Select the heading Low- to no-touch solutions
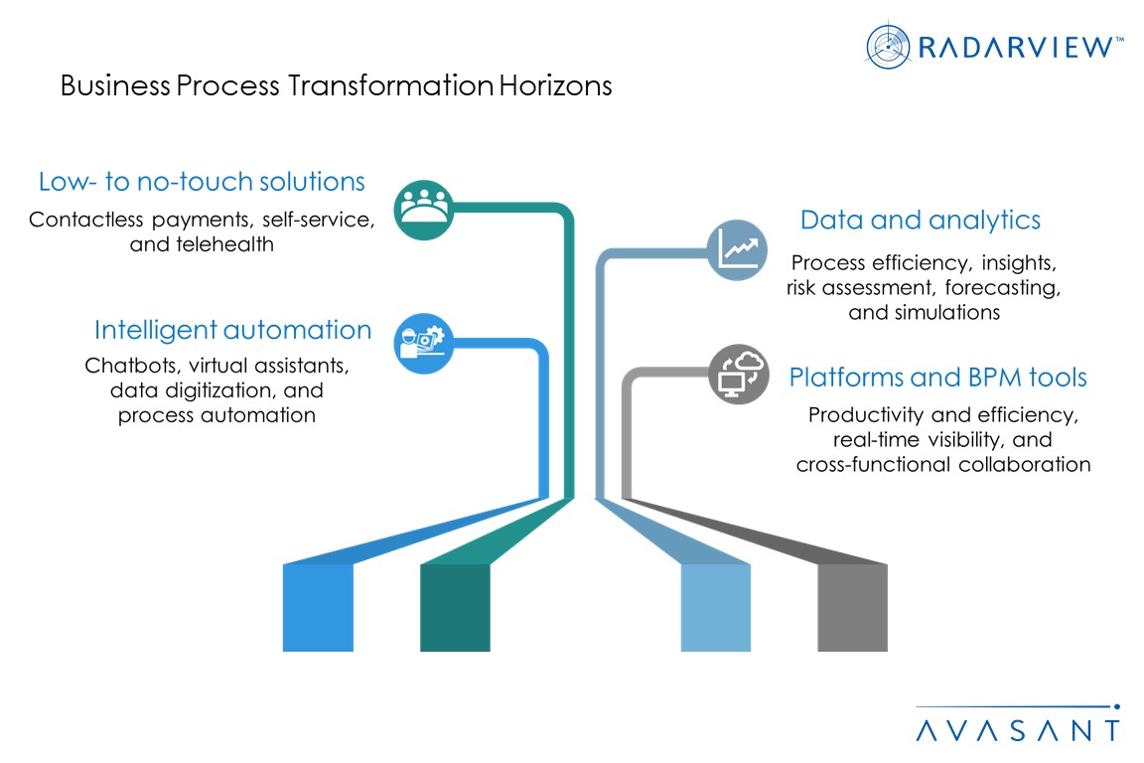click(202, 182)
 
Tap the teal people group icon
click(423, 209)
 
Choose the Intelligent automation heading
click(232, 330)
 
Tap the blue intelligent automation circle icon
click(424, 344)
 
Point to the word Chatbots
click(128, 365)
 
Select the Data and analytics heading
click(921, 220)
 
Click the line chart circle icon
click(737, 249)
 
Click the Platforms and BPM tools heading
click(937, 378)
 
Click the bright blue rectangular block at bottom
click(318, 607)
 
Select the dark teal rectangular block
click(455, 607)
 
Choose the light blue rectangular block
click(715, 607)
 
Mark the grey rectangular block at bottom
click(852, 607)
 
